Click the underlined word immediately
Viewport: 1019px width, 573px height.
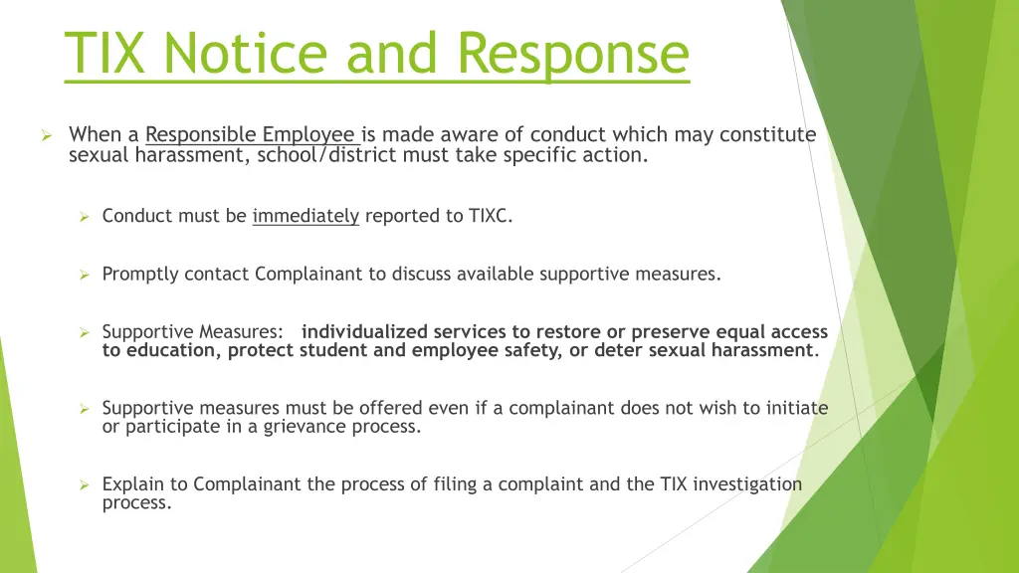tap(306, 215)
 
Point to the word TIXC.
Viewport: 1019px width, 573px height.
tap(491, 215)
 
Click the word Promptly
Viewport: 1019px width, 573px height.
tap(138, 274)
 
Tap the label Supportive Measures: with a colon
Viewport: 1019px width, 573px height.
tap(192, 331)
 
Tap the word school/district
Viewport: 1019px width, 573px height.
tap(329, 154)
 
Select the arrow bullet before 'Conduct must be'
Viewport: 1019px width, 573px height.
tap(86, 216)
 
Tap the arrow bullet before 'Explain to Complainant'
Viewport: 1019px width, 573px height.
tap(86, 485)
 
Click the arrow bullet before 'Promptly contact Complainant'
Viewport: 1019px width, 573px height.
tap(86, 275)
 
